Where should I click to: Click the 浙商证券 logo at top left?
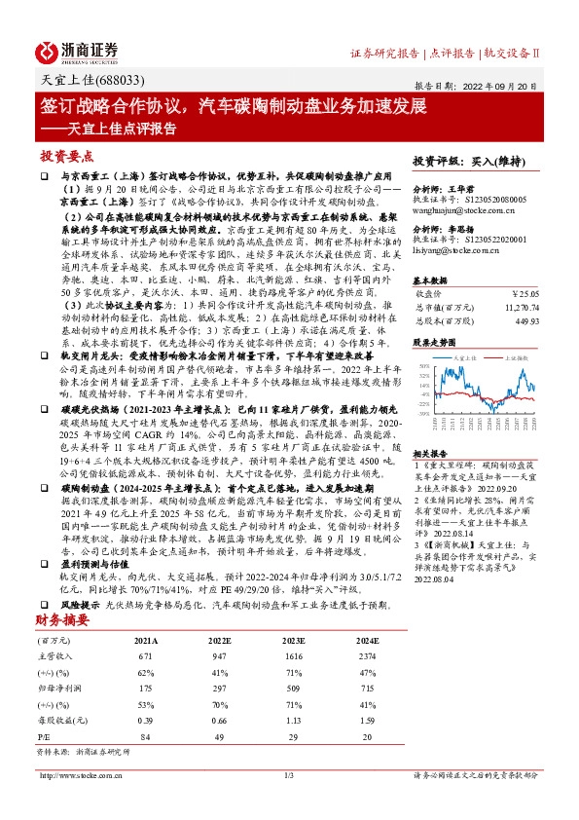click(x=77, y=53)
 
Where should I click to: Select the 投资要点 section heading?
click(x=65, y=155)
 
